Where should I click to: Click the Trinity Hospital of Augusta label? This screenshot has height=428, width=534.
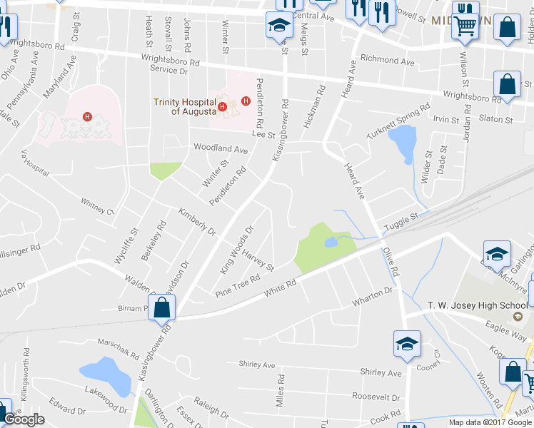tap(184, 106)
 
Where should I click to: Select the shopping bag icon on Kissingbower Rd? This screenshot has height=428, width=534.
tap(162, 309)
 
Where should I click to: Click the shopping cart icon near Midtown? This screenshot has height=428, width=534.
tap(465, 26)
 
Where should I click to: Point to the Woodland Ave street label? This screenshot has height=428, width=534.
tap(221, 149)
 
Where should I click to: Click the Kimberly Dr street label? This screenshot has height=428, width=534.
tap(197, 223)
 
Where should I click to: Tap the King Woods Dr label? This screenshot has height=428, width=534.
tap(238, 250)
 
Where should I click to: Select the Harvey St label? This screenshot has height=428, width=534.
tap(258, 260)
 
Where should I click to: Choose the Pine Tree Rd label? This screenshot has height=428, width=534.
tap(238, 286)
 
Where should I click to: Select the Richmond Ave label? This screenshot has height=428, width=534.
tap(388, 62)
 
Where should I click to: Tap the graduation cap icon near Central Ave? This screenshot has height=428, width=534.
tap(279, 27)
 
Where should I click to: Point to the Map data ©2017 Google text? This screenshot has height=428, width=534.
tap(490, 422)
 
